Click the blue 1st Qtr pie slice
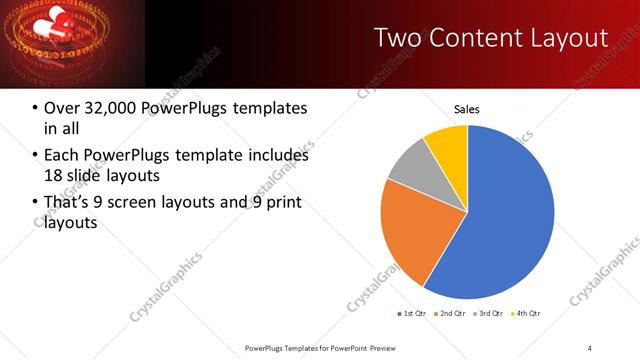500,220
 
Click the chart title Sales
467,109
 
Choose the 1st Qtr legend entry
413,314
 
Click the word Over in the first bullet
63,107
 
